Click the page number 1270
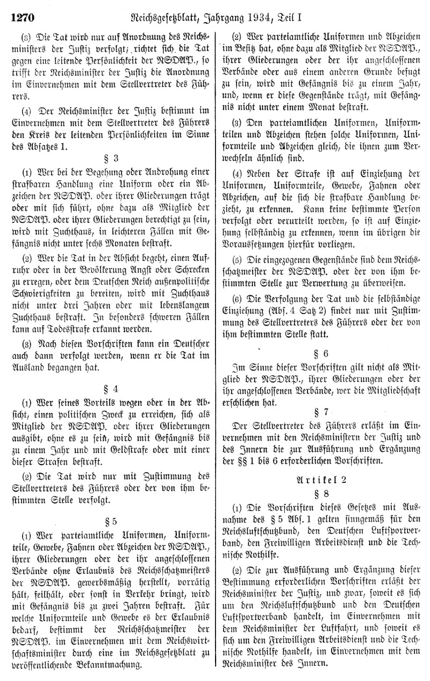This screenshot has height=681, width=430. click(21, 8)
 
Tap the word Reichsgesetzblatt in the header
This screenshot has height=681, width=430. click(177, 9)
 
